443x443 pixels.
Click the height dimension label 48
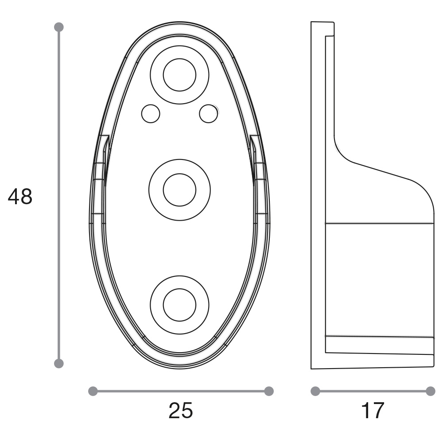click(x=20, y=197)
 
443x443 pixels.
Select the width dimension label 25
click(x=181, y=411)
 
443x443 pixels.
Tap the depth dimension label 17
click(x=373, y=411)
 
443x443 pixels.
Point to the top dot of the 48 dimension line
click(x=59, y=27)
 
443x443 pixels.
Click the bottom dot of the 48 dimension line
click(x=59, y=363)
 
